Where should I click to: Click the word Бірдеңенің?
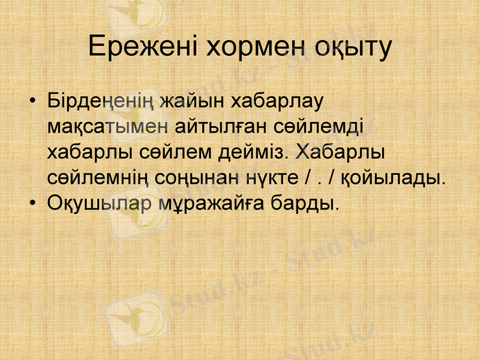tap(103, 101)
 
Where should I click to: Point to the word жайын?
tap(196, 101)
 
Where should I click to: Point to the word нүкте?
tap(274, 178)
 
